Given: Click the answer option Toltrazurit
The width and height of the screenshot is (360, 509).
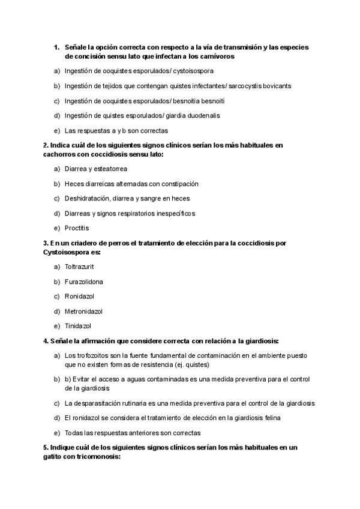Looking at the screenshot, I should [x=79, y=267].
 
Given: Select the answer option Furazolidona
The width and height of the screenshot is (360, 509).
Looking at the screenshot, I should [x=83, y=282].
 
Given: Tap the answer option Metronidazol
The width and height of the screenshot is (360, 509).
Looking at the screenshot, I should [x=83, y=311].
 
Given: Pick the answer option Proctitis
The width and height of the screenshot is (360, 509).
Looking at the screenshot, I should [x=77, y=228].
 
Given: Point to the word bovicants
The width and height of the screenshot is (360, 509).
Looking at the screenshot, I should [x=277, y=86].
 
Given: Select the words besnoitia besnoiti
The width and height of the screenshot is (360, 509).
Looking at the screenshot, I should [x=203, y=101].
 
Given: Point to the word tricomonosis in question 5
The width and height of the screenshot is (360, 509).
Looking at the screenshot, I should [x=100, y=456].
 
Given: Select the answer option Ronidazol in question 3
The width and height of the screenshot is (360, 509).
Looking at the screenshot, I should [x=79, y=297].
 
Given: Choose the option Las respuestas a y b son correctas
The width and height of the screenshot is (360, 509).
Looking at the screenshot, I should [x=116, y=130].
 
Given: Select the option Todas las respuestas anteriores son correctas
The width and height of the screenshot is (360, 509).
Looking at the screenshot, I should [x=133, y=433].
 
